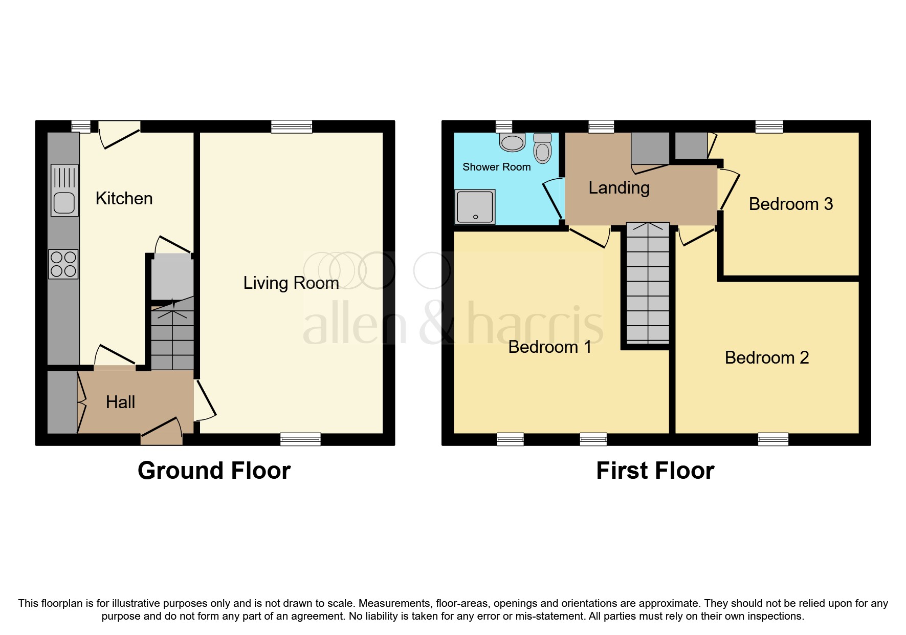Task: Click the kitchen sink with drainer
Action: point(64,190)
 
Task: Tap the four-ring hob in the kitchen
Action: point(63,264)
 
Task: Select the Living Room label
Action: point(291,283)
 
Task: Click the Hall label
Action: point(120,403)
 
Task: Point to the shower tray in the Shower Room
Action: point(475,207)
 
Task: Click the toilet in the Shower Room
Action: point(542,148)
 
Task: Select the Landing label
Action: point(618,188)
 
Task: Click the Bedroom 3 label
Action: point(790,204)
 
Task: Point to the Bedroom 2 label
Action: point(766,358)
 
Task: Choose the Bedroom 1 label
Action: point(549,347)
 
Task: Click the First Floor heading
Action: point(655,471)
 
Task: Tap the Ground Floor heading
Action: point(214,471)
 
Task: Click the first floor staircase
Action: point(648,284)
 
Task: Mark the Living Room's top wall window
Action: point(292,126)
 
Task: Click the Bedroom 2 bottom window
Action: point(773,439)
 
